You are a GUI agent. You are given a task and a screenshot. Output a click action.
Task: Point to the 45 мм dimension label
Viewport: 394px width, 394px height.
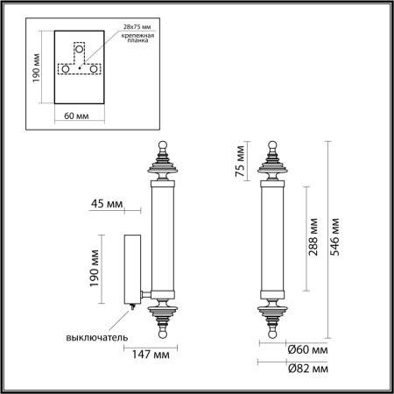tap(107, 207)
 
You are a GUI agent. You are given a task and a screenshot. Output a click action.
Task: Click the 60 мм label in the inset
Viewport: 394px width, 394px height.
tap(78, 116)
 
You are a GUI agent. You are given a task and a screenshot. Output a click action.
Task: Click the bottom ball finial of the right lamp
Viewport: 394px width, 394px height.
tap(271, 334)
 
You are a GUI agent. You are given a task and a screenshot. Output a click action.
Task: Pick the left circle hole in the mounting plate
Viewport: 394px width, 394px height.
tap(64, 67)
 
